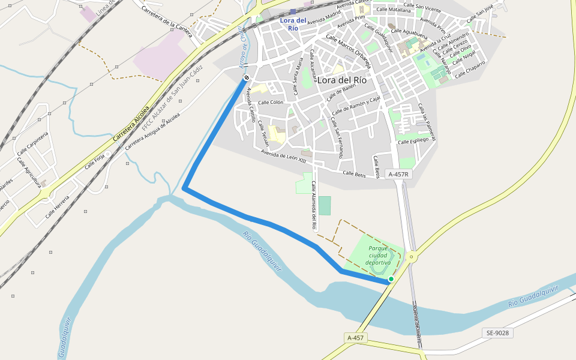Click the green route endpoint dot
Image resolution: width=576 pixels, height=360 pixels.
tap(391, 279)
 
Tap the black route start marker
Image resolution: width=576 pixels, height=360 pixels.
tap(247, 78)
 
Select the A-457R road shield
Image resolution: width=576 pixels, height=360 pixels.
tap(398, 174)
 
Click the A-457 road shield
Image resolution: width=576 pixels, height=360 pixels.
tap(355, 338)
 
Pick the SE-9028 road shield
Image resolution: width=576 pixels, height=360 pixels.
tap(497, 332)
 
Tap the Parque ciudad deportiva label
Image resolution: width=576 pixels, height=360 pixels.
tap(379, 255)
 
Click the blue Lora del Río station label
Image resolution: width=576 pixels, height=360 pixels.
tap(293, 24)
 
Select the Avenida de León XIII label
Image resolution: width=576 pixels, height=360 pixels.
tap(283, 156)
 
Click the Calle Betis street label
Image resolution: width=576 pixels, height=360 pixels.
tap(354, 173)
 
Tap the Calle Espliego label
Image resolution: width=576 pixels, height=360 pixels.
tap(413, 140)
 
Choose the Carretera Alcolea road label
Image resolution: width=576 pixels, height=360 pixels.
tap(130, 125)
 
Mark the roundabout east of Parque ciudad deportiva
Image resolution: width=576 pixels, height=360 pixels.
tap(411, 257)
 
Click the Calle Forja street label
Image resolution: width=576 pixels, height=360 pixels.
tap(94, 161)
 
